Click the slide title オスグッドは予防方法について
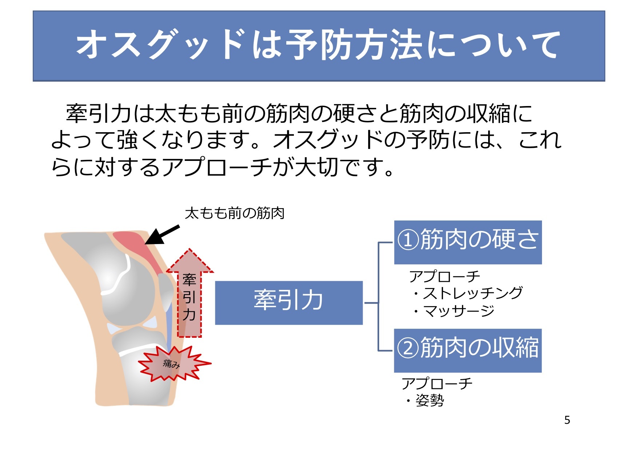(319, 44)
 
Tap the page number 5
(567, 420)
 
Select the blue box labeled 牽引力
(289, 303)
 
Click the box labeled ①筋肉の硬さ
(468, 242)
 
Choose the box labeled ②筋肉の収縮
(468, 350)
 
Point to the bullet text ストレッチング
(472, 293)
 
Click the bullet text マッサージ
(459, 311)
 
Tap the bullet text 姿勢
(430, 401)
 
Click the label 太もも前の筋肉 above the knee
(235, 213)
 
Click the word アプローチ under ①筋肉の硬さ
(444, 277)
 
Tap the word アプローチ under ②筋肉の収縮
(437, 384)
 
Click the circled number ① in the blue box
(408, 240)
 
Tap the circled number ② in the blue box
(408, 349)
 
